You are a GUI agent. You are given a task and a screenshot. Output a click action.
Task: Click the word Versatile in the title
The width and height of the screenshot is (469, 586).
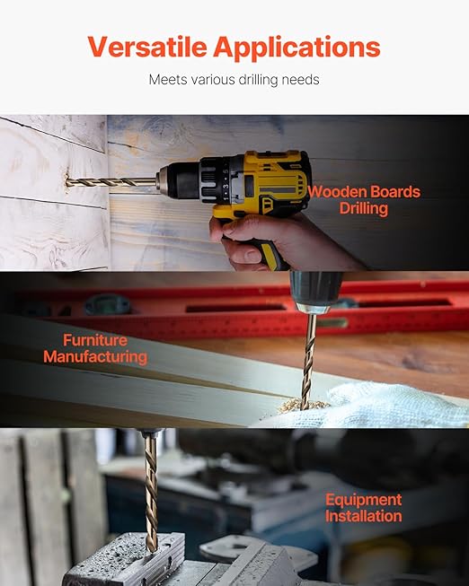tap(147, 47)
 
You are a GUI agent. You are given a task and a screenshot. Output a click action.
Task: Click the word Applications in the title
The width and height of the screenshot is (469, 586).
tap(296, 48)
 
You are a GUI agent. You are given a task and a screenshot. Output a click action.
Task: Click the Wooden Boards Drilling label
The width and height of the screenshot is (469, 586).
tap(364, 200)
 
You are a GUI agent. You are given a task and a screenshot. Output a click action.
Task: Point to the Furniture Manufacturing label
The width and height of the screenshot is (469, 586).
tap(95, 349)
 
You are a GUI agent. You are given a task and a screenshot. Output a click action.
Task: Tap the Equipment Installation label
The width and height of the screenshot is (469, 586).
tap(364, 508)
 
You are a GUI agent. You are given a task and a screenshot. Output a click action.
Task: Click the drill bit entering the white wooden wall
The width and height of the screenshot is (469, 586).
tap(111, 182)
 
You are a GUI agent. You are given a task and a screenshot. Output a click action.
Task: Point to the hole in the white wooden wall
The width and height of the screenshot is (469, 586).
tap(66, 182)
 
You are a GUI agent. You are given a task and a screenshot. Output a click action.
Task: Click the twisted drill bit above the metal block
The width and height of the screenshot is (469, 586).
tap(151, 491)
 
